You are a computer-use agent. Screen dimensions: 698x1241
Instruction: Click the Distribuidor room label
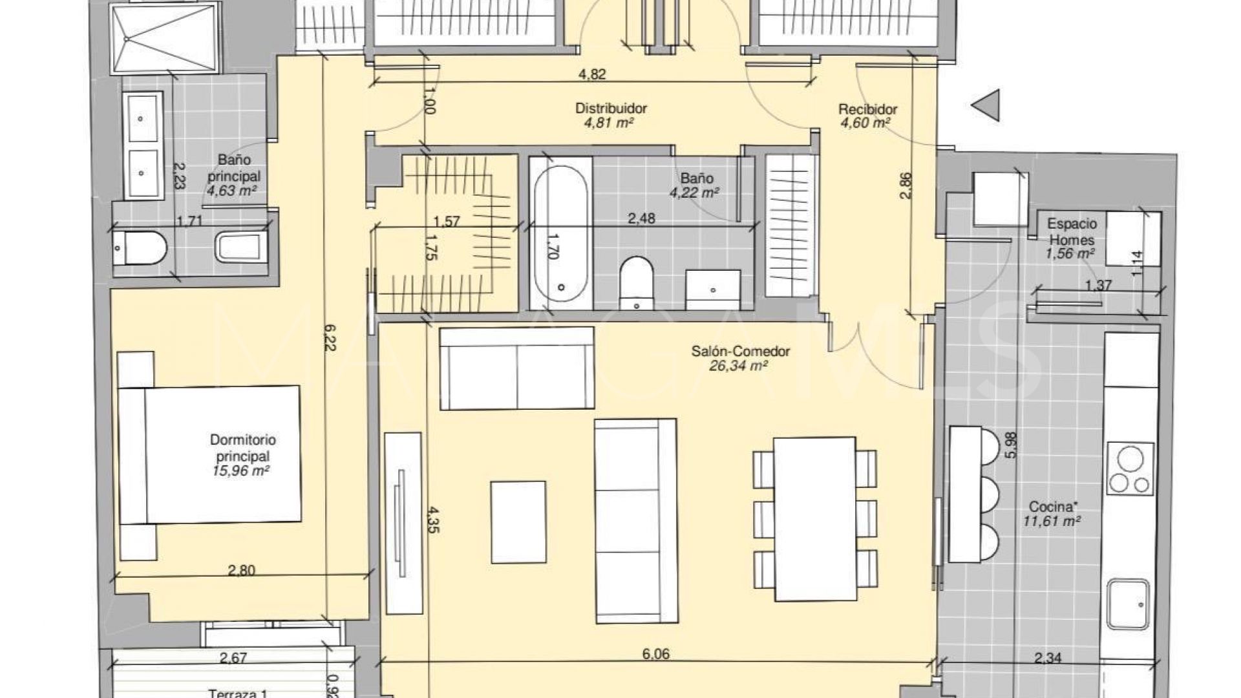point(611,109)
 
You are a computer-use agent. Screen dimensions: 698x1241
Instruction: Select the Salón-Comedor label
point(741,352)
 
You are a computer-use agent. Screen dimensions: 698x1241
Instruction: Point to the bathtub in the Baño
point(560,234)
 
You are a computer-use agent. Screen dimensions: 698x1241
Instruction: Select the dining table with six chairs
point(815,518)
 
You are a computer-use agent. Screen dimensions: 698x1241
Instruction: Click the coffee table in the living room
point(518,522)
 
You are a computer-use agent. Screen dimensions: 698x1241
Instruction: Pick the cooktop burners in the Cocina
point(1130,471)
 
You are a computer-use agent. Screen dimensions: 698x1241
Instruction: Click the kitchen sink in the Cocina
point(1129,604)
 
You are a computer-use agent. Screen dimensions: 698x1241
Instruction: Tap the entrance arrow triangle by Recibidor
point(987,105)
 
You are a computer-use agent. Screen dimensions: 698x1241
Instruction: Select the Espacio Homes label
point(1072,231)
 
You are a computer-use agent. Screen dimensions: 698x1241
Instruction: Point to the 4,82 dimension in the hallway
point(591,74)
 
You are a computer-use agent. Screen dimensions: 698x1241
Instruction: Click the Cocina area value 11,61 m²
point(1052,521)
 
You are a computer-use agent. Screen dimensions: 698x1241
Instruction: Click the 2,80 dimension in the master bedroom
point(241,570)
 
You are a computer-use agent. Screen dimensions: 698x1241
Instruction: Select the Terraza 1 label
point(238,693)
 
